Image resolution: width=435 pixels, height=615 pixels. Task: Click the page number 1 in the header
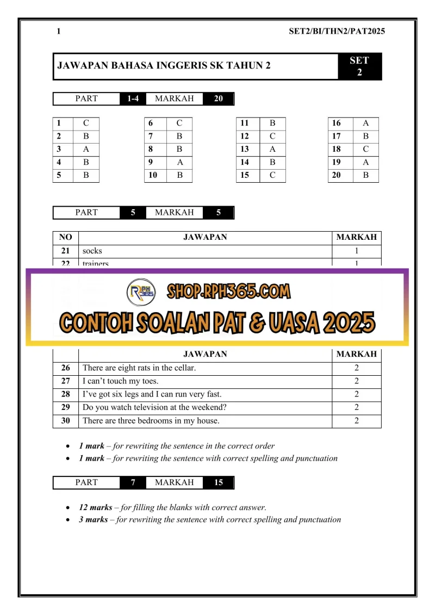pos(59,31)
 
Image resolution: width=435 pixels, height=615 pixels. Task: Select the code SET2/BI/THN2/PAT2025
pos(337,31)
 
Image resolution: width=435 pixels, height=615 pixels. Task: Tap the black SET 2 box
pos(359,66)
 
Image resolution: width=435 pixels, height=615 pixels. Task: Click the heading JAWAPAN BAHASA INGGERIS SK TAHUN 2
pos(164,66)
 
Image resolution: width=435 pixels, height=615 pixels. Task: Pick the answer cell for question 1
pos(86,123)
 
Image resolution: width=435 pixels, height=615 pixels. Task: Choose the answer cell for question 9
pos(179,162)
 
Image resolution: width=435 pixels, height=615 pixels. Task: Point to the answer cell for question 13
pos(272,149)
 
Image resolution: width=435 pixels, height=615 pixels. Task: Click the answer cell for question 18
pos(366,149)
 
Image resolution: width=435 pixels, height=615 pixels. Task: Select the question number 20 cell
pos(337,175)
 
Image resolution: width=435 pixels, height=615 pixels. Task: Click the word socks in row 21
pos(92,251)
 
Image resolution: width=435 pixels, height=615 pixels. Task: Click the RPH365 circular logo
pos(141,293)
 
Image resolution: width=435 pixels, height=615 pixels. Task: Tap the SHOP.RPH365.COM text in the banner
pos(228,291)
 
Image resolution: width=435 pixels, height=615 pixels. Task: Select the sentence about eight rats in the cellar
pos(139,368)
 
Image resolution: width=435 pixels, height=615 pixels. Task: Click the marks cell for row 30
pos(357,420)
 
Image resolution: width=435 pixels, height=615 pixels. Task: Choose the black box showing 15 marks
pos(219,482)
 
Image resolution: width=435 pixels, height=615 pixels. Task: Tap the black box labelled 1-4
pos(133,99)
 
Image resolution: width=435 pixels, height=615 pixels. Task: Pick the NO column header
pos(65,237)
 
